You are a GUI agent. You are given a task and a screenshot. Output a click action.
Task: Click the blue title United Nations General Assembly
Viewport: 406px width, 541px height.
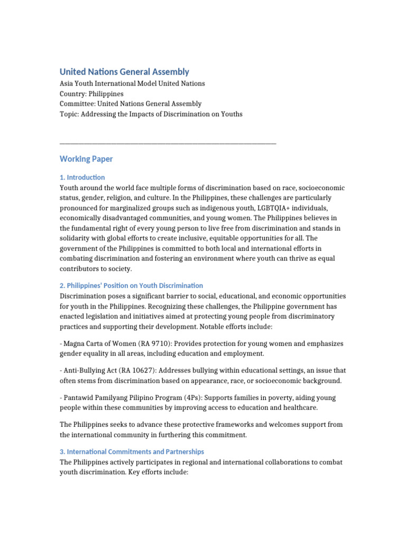pyautogui.click(x=124, y=71)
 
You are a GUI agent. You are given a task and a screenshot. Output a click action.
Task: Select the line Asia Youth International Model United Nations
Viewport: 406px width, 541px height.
pyautogui.click(x=132, y=83)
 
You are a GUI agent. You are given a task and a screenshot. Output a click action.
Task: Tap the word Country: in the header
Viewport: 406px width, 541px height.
pyautogui.click(x=73, y=94)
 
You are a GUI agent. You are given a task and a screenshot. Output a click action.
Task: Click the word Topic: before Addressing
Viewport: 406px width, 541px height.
pyautogui.click(x=69, y=114)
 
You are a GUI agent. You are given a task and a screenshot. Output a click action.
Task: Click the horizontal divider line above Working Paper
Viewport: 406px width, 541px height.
pyautogui.click(x=168, y=143)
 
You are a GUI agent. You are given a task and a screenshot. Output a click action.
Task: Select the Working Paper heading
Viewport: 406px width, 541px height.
pyautogui.click(x=86, y=158)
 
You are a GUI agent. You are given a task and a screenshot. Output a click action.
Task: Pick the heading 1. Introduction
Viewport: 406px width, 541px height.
pyautogui.click(x=82, y=178)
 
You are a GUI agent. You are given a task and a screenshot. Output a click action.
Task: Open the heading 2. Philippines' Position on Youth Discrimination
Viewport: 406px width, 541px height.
pyautogui.click(x=131, y=286)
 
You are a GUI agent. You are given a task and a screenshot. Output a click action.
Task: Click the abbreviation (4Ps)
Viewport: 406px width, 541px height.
pyautogui.click(x=205, y=397)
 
